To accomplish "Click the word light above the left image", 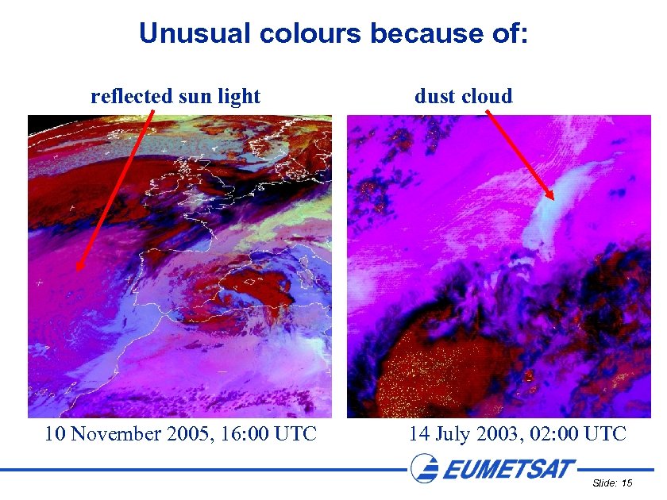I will (x=240, y=97).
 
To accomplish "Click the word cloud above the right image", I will (x=487, y=97).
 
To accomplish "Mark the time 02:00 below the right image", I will (x=546, y=434).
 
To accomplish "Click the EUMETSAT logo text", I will (x=508, y=469).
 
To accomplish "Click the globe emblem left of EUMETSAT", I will (x=424, y=467).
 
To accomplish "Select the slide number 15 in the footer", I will (x=627, y=483).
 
